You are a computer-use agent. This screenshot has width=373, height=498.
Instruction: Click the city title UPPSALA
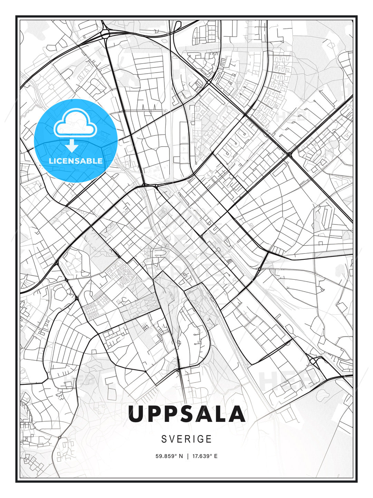(x=186, y=414)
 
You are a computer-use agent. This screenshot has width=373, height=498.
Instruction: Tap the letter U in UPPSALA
(x=135, y=414)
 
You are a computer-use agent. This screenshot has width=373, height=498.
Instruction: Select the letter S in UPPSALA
(x=186, y=414)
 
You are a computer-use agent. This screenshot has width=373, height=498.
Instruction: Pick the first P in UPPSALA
(x=153, y=414)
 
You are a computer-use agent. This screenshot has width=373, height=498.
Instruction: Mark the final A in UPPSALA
(x=237, y=414)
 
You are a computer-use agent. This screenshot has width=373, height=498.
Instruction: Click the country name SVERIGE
(x=186, y=439)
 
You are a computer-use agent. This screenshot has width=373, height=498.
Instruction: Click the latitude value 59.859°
(x=167, y=456)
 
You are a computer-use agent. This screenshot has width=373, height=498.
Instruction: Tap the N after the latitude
(x=180, y=456)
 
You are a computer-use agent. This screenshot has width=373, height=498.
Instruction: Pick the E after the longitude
(x=216, y=456)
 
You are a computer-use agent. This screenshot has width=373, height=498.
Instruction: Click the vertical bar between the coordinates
(x=188, y=456)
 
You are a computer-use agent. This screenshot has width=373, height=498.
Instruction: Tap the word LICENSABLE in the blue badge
(x=76, y=161)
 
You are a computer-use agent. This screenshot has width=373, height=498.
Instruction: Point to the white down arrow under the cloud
(x=72, y=146)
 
